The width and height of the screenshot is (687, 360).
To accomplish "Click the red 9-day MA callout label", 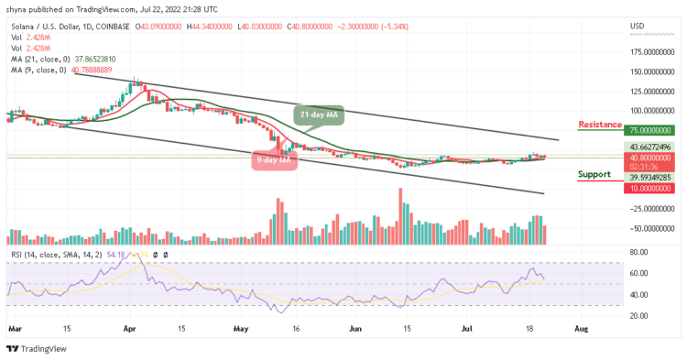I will coord(272,161).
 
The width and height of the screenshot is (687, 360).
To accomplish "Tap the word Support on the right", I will coord(594,173).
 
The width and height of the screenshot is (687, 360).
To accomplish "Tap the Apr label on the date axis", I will coord(130,326).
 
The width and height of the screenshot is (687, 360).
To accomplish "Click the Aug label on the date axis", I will coord(579,326).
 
